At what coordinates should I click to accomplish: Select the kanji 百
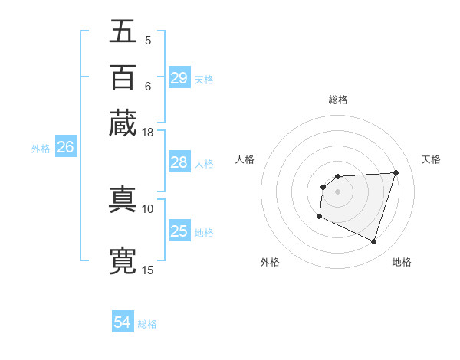(123, 77)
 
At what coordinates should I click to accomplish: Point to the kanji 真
(123, 199)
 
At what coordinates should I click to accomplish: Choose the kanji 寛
(123, 260)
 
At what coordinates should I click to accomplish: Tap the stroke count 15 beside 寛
(148, 269)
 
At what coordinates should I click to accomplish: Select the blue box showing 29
(179, 78)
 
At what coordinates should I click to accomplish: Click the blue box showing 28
(179, 162)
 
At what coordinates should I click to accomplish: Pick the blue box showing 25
(179, 231)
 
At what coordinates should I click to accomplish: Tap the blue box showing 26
(65, 148)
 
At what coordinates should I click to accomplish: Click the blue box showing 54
(123, 322)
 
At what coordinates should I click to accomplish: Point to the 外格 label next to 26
(41, 149)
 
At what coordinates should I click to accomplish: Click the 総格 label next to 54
(147, 324)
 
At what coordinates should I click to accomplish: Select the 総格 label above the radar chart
(338, 100)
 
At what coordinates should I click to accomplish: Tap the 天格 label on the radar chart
(431, 159)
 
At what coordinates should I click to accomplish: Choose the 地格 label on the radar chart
(402, 262)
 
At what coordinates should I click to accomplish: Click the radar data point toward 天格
(396, 172)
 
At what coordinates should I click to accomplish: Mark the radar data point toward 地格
(374, 242)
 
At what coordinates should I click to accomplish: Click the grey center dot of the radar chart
(337, 191)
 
